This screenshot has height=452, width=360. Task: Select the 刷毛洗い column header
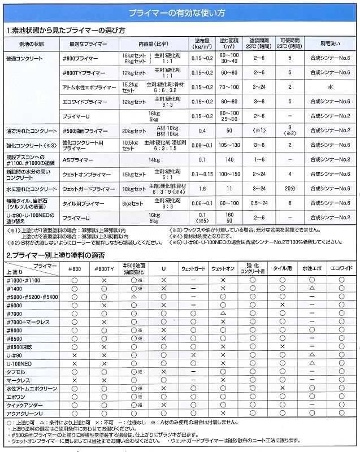(330, 43)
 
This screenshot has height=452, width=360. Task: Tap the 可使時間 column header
(290, 43)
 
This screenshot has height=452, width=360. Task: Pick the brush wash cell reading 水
(330, 88)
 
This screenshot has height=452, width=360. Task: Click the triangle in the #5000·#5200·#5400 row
(134, 296)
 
